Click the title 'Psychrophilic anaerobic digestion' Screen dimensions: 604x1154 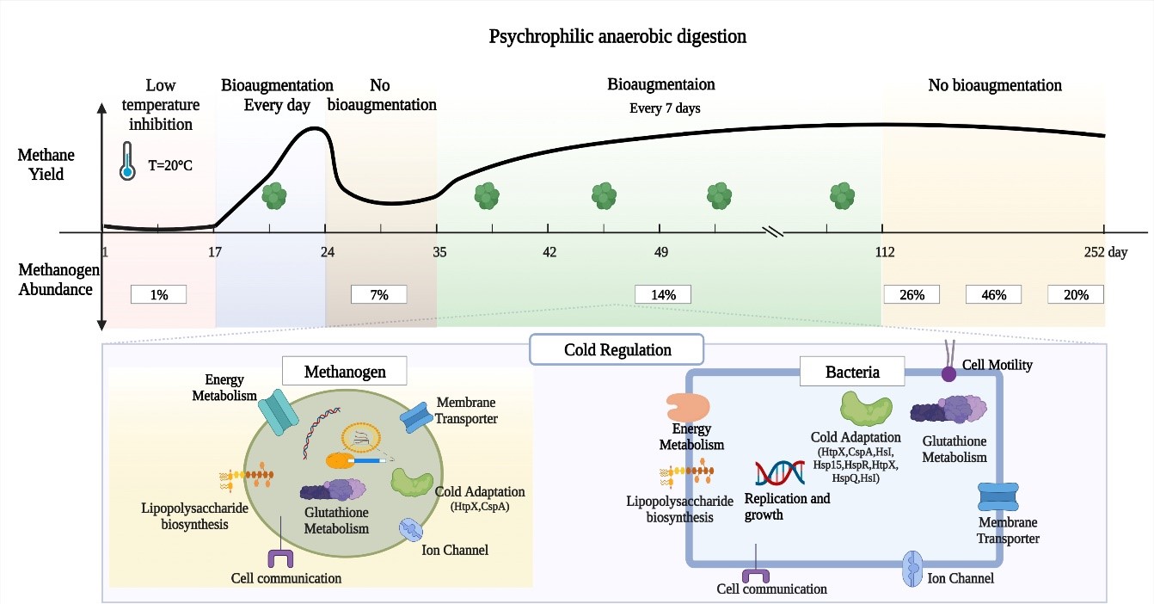coord(617,37)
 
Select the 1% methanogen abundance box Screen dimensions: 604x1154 coord(159,294)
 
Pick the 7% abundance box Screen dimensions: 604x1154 coord(379,294)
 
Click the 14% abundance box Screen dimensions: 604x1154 coord(663,294)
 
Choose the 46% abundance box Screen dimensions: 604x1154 coord(994,294)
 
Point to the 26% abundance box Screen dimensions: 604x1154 coord(912,294)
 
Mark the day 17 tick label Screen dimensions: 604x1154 coord(215,252)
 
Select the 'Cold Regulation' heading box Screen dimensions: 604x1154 coord(617,350)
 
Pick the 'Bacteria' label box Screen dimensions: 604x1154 coord(851,373)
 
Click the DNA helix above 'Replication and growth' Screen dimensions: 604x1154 coord(775,474)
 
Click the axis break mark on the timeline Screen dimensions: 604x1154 coord(772,231)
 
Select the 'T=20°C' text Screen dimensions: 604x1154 coord(169,165)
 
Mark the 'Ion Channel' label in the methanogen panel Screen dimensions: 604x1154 coord(455,549)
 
